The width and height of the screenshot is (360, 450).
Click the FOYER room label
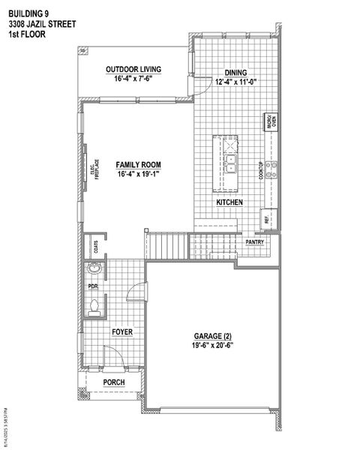(122, 331)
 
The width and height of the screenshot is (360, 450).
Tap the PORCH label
(113, 382)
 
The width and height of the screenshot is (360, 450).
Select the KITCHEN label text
(229, 203)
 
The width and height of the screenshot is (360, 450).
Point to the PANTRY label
(255, 241)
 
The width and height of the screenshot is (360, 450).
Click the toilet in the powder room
(94, 305)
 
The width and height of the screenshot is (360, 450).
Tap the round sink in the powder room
(94, 270)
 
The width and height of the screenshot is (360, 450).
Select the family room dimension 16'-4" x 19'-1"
(138, 174)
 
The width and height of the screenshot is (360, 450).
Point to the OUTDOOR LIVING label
(133, 69)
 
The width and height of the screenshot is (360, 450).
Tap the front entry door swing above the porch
(110, 359)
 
